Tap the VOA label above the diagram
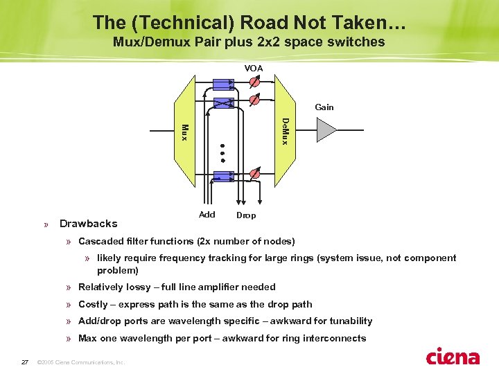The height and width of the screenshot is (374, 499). point(254,68)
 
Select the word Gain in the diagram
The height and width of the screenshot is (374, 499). point(324,107)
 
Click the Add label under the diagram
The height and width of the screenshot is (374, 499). point(207,215)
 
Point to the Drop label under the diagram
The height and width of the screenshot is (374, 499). point(246,215)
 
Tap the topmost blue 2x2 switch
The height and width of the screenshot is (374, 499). point(223,84)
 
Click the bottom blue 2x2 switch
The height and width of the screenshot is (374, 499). point(223,176)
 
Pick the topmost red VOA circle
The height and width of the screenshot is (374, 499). point(254,82)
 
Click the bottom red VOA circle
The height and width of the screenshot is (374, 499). point(254,175)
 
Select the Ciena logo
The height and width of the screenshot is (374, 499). point(453,356)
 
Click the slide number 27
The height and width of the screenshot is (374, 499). point(24,362)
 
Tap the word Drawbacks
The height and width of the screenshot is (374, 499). point(89,224)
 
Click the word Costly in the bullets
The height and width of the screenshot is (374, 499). point(93,304)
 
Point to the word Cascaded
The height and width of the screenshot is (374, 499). point(102,242)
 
